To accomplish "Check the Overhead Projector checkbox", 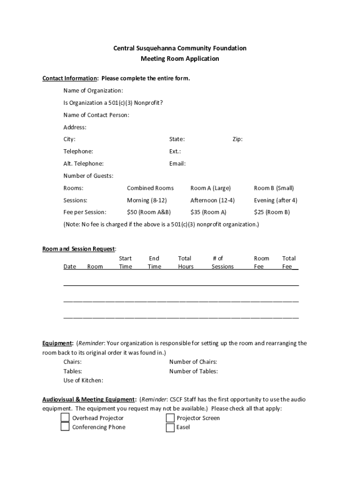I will point(65,418).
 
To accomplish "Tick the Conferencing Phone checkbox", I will point(65,427).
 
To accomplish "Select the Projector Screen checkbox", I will point(170,418).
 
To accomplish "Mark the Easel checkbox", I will point(170,427).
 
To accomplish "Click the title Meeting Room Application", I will point(180,59).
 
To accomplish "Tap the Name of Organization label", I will point(93,90).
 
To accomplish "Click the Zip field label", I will point(238,139).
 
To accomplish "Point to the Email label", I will point(177,164).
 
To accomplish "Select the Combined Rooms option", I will point(150,188).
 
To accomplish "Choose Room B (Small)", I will point(274,188).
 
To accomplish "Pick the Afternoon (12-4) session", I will point(212,200).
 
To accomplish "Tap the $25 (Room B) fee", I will point(272,212).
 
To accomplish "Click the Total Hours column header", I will point(185,262).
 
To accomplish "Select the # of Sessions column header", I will point(222,262).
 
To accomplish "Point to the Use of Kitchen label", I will point(83,381).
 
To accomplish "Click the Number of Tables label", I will point(193,371).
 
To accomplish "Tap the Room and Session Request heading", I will point(79,249).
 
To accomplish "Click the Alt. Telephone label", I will point(83,164).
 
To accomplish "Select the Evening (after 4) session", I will point(275,200).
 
